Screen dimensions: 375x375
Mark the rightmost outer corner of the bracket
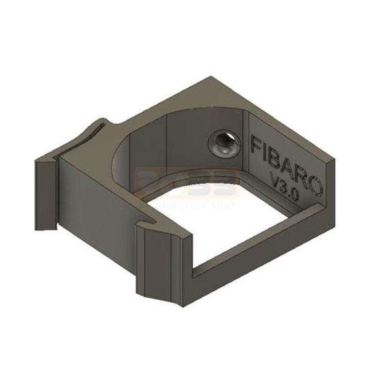[x=339, y=160]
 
